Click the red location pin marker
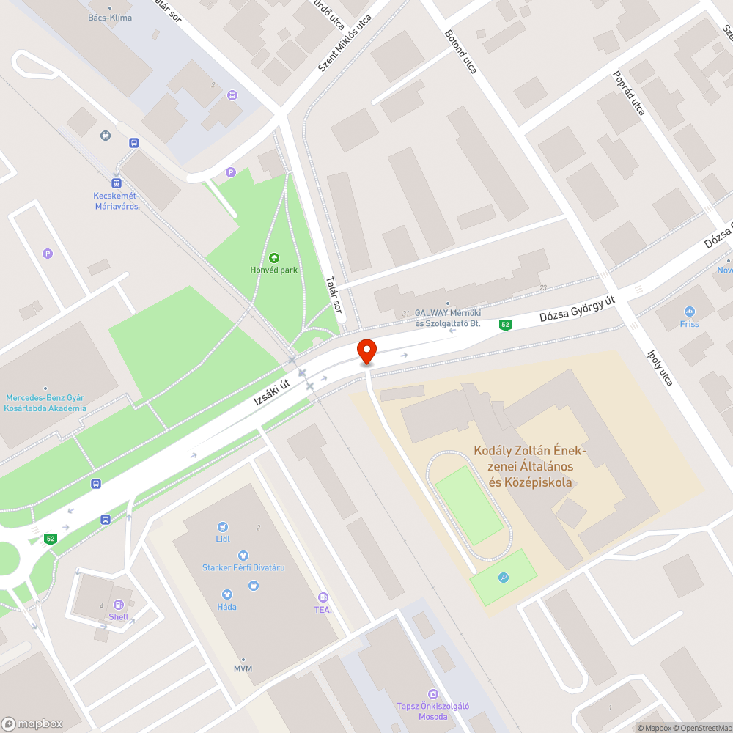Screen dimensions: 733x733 [x=366, y=351]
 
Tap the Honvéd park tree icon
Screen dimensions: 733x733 [x=273, y=257]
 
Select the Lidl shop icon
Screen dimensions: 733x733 [x=223, y=526]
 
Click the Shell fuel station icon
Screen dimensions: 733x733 [x=119, y=605]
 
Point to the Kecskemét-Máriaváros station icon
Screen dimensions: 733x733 [x=116, y=183]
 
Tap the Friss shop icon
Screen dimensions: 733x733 [x=689, y=312]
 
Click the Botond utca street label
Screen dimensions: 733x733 [x=461, y=51]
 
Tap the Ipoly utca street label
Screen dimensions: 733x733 [x=660, y=366]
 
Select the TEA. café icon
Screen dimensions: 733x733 [x=323, y=597]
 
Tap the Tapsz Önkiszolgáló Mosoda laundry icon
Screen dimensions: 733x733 [x=432, y=693]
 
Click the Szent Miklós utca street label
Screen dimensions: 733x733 [x=345, y=43]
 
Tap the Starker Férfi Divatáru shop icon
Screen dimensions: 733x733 [x=243, y=556]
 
